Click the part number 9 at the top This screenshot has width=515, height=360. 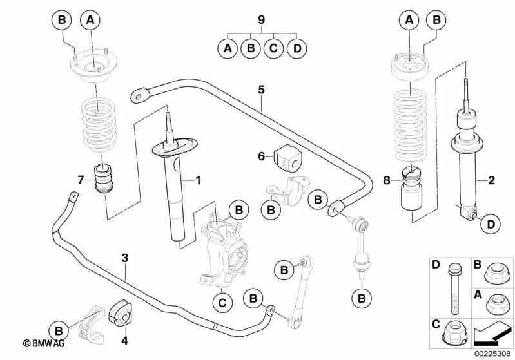click(x=261, y=20)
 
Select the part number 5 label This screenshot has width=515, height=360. click(x=261, y=90)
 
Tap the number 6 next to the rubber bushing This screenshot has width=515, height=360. click(x=261, y=156)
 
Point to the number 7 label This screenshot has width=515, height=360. click(x=80, y=179)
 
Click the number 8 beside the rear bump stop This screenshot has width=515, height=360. click(x=386, y=181)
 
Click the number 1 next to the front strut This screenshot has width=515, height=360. click(x=199, y=181)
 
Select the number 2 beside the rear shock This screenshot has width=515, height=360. click(x=491, y=180)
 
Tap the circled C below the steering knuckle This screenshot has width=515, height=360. click(x=221, y=301)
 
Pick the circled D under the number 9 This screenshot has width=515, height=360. click(x=296, y=48)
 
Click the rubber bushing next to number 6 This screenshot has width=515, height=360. click(x=284, y=155)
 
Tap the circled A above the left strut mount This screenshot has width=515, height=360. click(x=90, y=21)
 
